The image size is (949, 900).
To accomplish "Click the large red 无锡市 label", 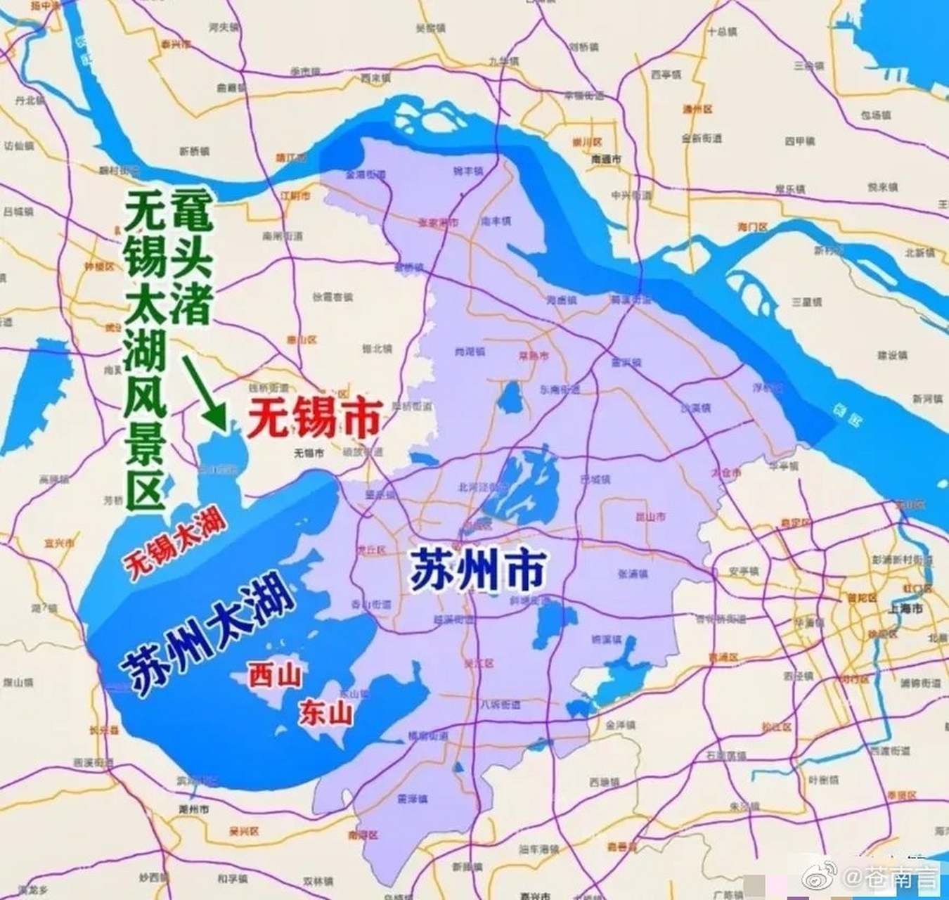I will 314,419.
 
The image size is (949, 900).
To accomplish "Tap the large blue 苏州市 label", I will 478,570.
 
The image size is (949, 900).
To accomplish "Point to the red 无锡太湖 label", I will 176,543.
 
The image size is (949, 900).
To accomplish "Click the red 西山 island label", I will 276,676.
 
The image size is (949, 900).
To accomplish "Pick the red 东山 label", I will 325,714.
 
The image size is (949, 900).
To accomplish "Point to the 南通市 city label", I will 605,160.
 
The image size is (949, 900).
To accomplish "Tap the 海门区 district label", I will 752,227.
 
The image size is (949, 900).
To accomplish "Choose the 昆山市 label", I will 650,517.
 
